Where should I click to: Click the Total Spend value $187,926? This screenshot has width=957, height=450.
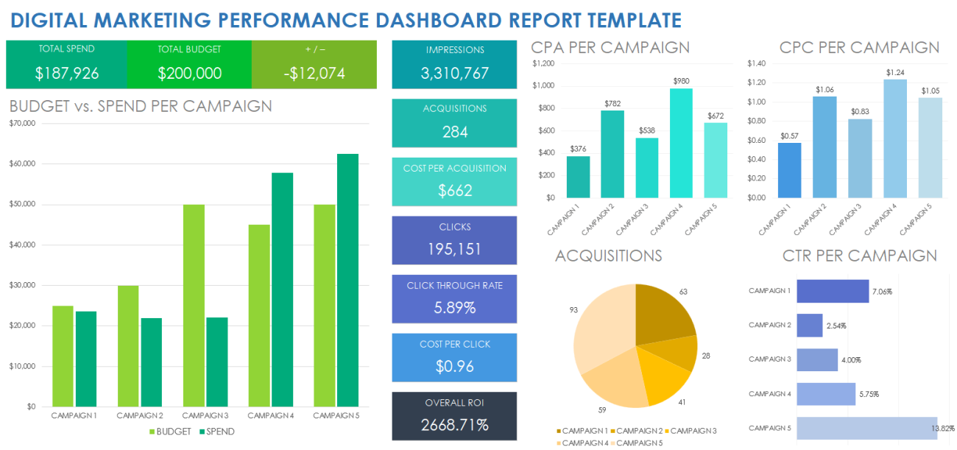pyautogui.click(x=66, y=73)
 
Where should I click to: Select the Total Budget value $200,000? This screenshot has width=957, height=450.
pyautogui.click(x=189, y=73)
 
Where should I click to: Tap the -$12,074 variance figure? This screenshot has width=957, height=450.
pyautogui.click(x=314, y=73)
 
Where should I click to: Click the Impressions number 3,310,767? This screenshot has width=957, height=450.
pyautogui.click(x=455, y=73)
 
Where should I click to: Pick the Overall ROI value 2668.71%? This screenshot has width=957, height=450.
pyautogui.click(x=455, y=425)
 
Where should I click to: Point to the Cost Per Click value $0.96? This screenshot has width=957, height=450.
pyautogui.click(x=455, y=366)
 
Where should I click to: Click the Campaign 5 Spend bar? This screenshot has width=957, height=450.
pyautogui.click(x=347, y=280)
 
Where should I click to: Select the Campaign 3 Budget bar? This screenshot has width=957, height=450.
pyautogui.click(x=194, y=305)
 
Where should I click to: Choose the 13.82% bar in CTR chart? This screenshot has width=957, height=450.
pyautogui.click(x=866, y=428)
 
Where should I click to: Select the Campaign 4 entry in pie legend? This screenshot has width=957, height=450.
pyautogui.click(x=585, y=443)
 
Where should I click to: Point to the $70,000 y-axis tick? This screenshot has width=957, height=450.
pyautogui.click(x=22, y=124)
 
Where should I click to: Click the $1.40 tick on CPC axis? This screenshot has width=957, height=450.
pyautogui.click(x=756, y=63)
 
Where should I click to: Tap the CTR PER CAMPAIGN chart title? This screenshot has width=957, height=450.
pyautogui.click(x=859, y=256)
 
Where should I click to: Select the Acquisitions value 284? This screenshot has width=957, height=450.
pyautogui.click(x=455, y=132)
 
